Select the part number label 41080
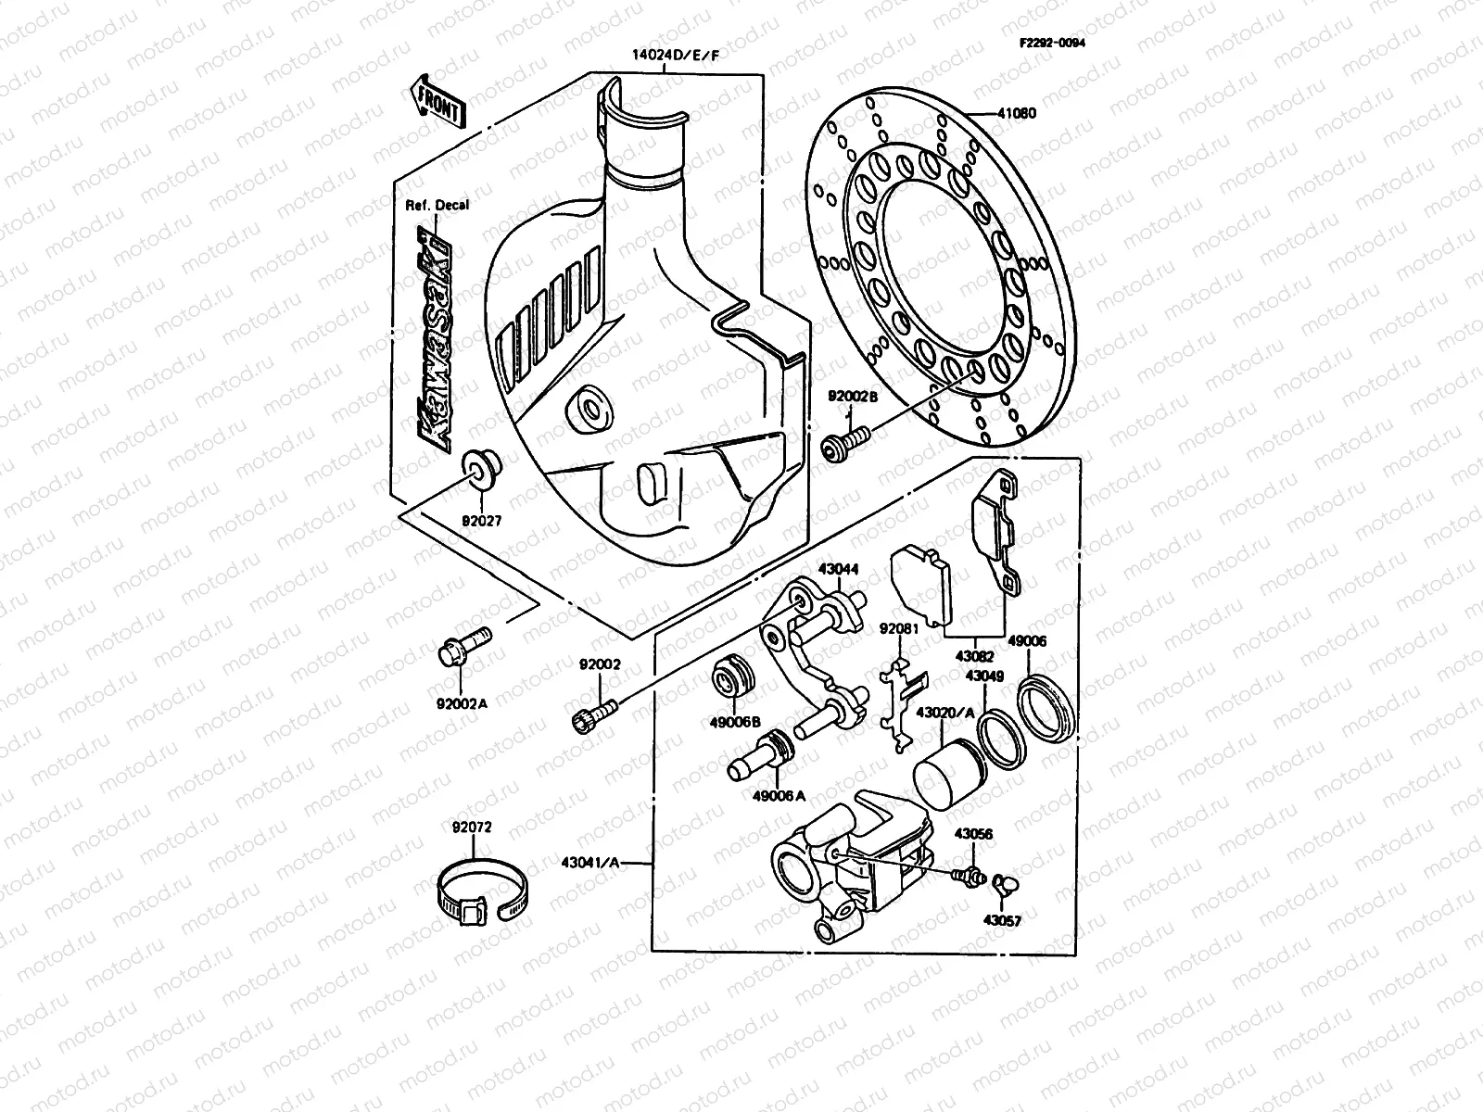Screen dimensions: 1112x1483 click(x=1017, y=114)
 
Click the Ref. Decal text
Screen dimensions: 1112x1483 click(x=437, y=205)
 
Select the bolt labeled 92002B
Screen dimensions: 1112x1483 click(x=845, y=442)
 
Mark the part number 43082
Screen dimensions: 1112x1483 click(x=974, y=655)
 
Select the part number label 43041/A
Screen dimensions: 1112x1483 click(x=589, y=863)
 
